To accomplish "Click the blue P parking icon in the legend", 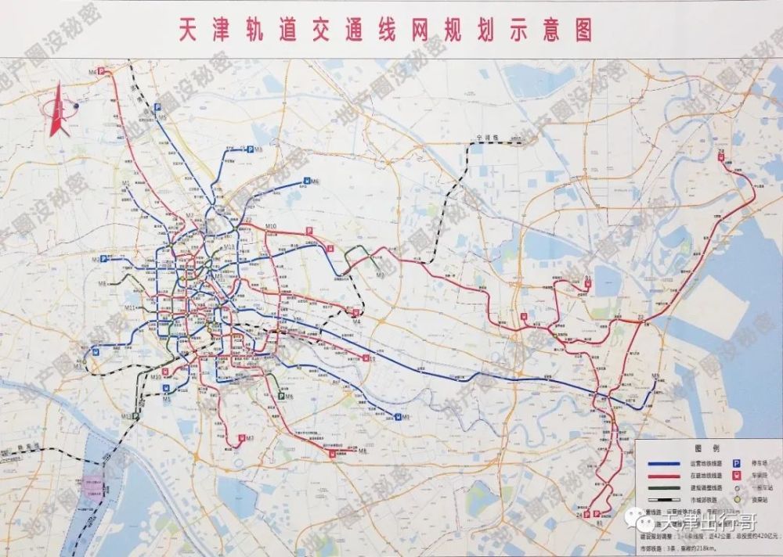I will pos(737,462).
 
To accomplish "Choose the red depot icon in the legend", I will pos(737,475).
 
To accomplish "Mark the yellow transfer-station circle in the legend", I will pos(737,500).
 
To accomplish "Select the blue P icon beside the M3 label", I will pos(249,149).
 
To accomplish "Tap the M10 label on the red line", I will pos(272,227).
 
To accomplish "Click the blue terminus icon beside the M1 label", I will pos(398,416).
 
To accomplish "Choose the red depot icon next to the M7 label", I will pos(242,438).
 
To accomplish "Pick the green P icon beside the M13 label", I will pos(135,417).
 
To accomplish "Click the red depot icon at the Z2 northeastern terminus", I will pos(721,156).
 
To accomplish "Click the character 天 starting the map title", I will pos(182,31).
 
